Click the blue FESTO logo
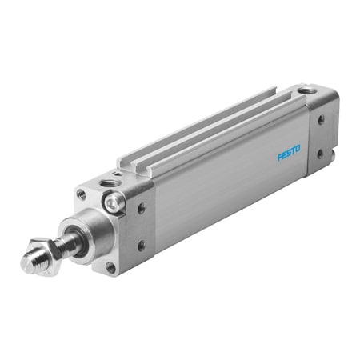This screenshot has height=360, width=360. (x=289, y=153)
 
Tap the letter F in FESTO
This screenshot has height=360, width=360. (x=280, y=157)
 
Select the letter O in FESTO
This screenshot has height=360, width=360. (x=298, y=148)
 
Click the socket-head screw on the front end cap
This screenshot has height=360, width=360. (x=113, y=202)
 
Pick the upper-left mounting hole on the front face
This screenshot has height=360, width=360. (x=81, y=194)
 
